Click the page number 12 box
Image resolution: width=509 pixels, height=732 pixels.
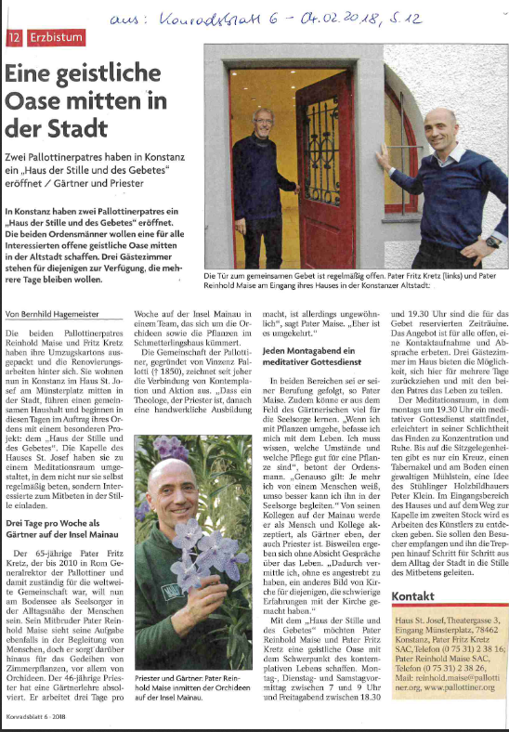14,37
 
